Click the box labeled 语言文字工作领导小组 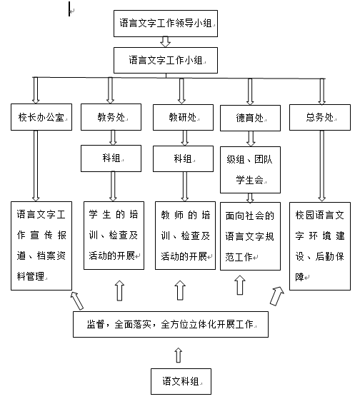point(166,24)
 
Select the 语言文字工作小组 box point(166,60)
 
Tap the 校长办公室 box point(41,117)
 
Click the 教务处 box point(111,117)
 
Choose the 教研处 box point(183,117)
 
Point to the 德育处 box point(250,118)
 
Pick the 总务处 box point(320,117)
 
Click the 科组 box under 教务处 point(111,158)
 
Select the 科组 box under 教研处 point(183,158)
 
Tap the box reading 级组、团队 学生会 point(250,170)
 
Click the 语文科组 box point(181,381)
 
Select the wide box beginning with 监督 point(171,324)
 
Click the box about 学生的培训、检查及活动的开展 point(114,236)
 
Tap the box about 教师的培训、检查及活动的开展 point(185,236)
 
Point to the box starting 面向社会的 point(250,236)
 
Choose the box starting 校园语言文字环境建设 point(320,246)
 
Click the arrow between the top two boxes point(165,41)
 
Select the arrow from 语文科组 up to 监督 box point(178,355)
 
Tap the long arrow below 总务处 point(322,166)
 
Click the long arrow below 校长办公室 point(36,166)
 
